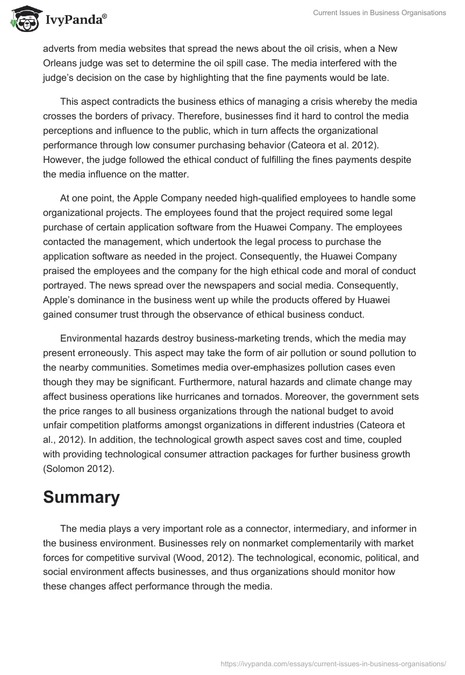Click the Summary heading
tap(81, 498)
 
